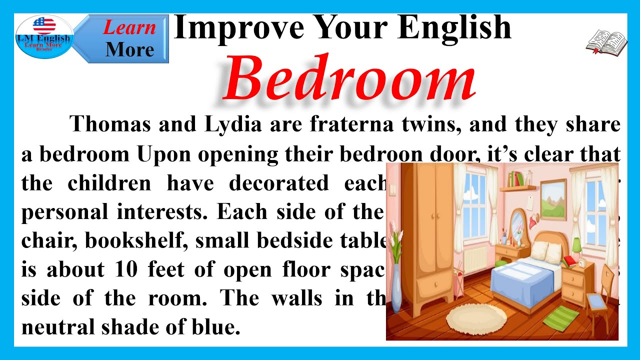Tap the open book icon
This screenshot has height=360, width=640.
point(606,42)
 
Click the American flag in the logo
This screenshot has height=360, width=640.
point(44,25)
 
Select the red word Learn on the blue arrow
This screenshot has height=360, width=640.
point(129,27)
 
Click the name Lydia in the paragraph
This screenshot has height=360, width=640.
point(233,124)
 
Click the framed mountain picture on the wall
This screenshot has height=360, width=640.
point(553,192)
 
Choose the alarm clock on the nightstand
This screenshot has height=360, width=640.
point(583,263)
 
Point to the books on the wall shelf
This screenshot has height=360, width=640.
point(516,178)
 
